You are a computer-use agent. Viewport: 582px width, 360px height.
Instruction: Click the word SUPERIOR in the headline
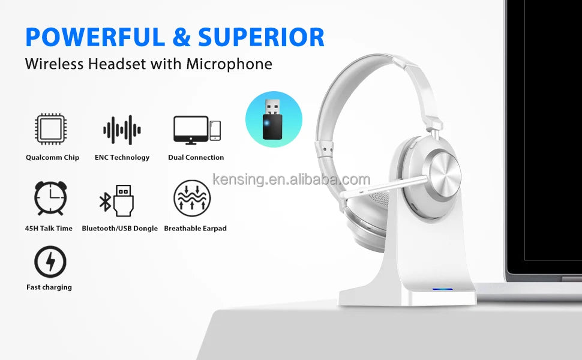[262, 37]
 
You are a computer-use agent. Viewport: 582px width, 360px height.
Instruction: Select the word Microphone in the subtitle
[229, 64]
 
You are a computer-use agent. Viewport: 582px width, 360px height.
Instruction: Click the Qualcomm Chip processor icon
[51, 129]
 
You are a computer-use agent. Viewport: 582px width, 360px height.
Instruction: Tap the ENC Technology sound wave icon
[122, 130]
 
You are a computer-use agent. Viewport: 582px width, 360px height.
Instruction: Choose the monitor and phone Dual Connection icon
[197, 130]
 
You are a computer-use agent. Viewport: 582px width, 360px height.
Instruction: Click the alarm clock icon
[50, 198]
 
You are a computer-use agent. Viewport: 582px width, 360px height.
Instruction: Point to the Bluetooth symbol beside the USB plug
[105, 202]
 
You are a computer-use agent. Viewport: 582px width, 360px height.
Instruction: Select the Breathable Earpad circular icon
[192, 198]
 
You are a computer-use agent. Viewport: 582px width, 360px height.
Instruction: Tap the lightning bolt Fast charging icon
[50, 262]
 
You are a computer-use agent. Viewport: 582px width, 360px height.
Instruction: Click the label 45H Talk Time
[49, 228]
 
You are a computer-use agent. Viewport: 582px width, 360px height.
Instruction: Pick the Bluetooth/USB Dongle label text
[120, 228]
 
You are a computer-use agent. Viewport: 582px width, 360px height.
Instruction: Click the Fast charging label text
[49, 287]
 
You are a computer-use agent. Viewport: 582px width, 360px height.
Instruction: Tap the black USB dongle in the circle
[272, 119]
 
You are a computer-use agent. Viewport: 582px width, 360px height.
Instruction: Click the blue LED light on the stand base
[442, 289]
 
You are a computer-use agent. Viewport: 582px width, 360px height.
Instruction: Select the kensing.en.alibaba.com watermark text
[291, 179]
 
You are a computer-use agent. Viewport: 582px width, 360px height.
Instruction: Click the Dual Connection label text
[196, 157]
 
